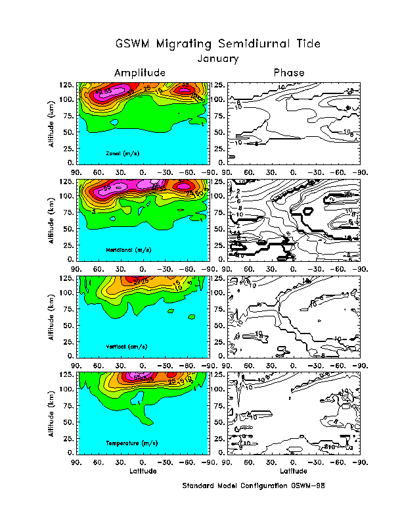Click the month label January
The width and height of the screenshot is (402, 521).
pos(218,58)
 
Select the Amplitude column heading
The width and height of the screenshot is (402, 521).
pos(139,72)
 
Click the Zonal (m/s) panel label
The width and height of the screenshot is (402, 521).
pos(127,153)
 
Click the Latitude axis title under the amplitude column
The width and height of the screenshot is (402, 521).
pos(143,472)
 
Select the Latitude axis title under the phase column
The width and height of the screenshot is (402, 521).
pos(293,472)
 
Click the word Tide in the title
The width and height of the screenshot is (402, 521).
pos(309,44)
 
